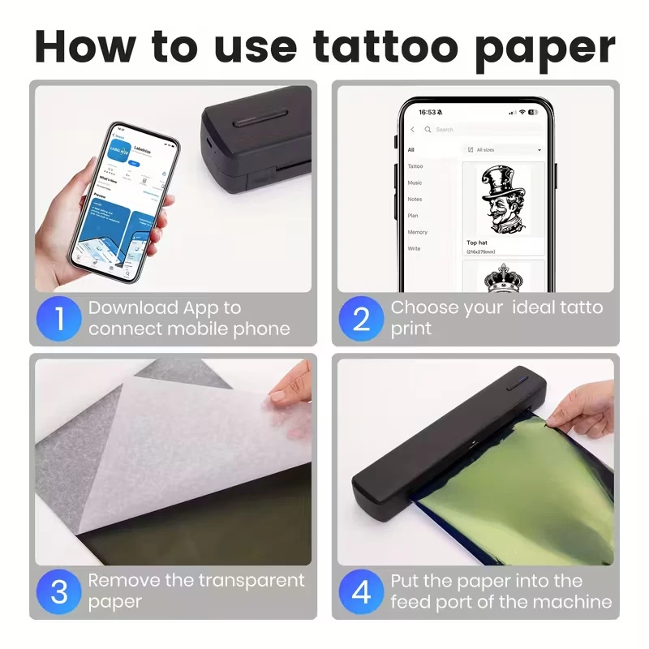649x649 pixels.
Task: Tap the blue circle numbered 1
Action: click(60, 318)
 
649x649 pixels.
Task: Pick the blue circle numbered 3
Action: click(60, 591)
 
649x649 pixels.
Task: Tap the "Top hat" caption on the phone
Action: click(477, 243)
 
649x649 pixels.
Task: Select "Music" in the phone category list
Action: click(415, 183)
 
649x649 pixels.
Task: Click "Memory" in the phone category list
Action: click(417, 232)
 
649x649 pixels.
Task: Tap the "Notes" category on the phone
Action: click(415, 199)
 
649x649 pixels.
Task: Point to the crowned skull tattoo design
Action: click(503, 278)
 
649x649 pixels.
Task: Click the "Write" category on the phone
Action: click(414, 248)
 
